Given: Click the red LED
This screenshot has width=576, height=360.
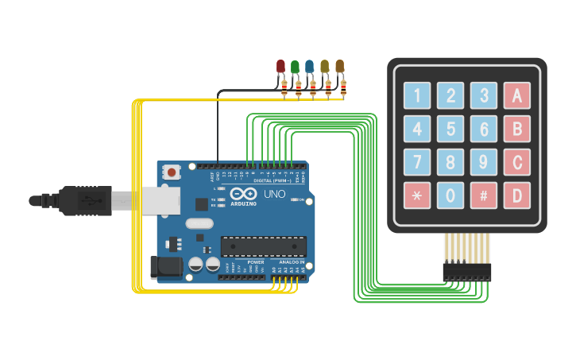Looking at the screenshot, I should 280,67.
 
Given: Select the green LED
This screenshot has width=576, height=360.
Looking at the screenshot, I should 295,67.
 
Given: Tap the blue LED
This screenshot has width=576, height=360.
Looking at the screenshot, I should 310,67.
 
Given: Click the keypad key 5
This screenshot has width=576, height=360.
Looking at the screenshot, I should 450,129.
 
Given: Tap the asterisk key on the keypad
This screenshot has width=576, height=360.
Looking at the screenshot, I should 416,195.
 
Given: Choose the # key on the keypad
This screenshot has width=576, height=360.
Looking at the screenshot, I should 483,195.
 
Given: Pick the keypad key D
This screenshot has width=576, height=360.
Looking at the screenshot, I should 516,195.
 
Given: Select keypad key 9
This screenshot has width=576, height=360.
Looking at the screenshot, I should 483,162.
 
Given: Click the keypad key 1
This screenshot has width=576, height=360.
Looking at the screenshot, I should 416,96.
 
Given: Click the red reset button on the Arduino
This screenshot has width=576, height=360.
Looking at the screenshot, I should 172,172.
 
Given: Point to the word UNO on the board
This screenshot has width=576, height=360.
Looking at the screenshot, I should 274,194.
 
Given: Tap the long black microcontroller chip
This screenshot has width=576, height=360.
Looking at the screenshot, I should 263,246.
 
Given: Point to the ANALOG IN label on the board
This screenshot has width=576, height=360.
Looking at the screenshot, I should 292,261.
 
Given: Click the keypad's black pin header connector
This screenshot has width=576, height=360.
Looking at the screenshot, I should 467,272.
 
